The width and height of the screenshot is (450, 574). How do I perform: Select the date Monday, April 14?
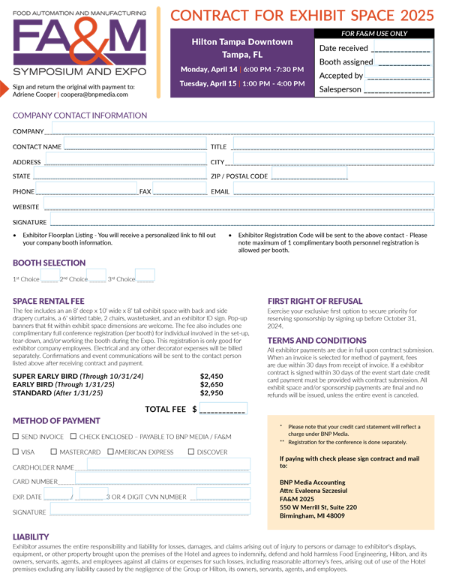[208, 70]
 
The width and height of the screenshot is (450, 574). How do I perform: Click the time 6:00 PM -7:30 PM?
[274, 70]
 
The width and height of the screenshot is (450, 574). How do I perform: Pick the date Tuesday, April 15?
[208, 83]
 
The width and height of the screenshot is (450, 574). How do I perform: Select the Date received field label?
[343, 48]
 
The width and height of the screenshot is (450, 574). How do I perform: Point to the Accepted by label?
[341, 76]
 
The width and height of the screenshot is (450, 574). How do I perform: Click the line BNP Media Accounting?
[312, 482]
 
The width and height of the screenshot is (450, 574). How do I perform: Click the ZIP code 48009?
[334, 515]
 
